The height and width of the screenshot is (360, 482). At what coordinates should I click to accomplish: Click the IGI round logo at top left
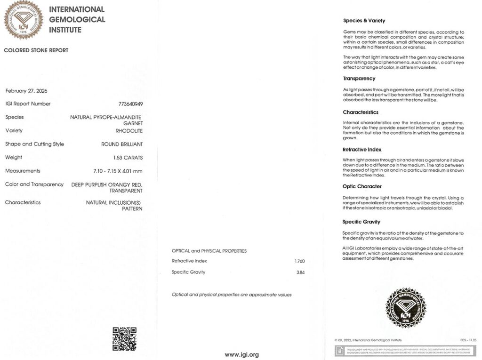coord(24,20)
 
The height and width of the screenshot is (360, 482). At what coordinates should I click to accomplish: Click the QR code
coord(124,339)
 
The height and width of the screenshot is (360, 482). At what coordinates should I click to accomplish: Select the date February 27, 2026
coord(26,91)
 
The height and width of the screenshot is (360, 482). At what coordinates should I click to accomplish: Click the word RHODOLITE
coord(129,131)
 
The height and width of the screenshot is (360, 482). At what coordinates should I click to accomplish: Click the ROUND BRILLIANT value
coord(122,144)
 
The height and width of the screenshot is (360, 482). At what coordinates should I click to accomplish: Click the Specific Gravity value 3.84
coord(300,272)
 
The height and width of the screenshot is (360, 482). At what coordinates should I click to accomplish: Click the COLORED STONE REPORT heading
coord(36,50)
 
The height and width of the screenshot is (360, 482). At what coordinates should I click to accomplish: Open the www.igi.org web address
coord(241,354)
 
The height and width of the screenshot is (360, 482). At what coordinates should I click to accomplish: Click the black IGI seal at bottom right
coord(405,308)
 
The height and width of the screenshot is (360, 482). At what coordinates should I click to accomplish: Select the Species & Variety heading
coord(364,21)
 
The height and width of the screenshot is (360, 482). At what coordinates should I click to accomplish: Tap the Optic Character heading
coord(362,186)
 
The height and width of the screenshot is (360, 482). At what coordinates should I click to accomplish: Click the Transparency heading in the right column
coord(359,79)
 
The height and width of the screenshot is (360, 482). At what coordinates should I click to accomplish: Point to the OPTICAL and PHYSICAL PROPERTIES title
coord(209,251)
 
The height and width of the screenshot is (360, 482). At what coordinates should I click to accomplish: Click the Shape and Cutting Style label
coord(34,144)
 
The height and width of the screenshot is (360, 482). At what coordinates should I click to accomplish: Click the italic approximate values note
coord(232,295)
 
